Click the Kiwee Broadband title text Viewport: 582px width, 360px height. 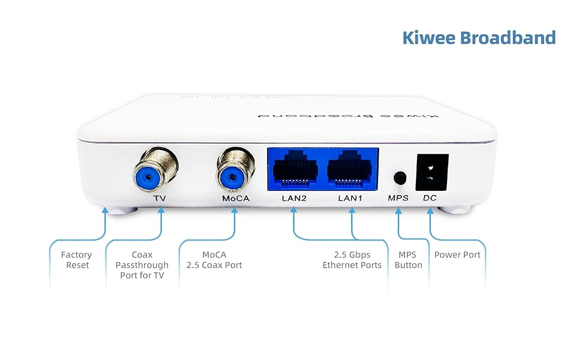(479, 37)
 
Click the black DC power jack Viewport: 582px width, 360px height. (432, 170)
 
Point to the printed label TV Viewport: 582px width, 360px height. (159, 198)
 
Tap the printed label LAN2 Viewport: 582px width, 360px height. (294, 198)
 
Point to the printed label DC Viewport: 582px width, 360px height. (430, 198)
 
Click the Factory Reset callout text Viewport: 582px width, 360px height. (76, 260)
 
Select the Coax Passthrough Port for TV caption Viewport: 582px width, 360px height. (142, 265)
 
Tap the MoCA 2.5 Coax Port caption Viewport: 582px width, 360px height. (214, 260)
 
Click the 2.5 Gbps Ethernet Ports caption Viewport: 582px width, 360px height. (352, 260)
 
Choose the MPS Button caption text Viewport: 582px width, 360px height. (408, 260)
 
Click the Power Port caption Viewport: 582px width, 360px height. (457, 255)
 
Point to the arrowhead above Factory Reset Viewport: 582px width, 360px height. (106, 211)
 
